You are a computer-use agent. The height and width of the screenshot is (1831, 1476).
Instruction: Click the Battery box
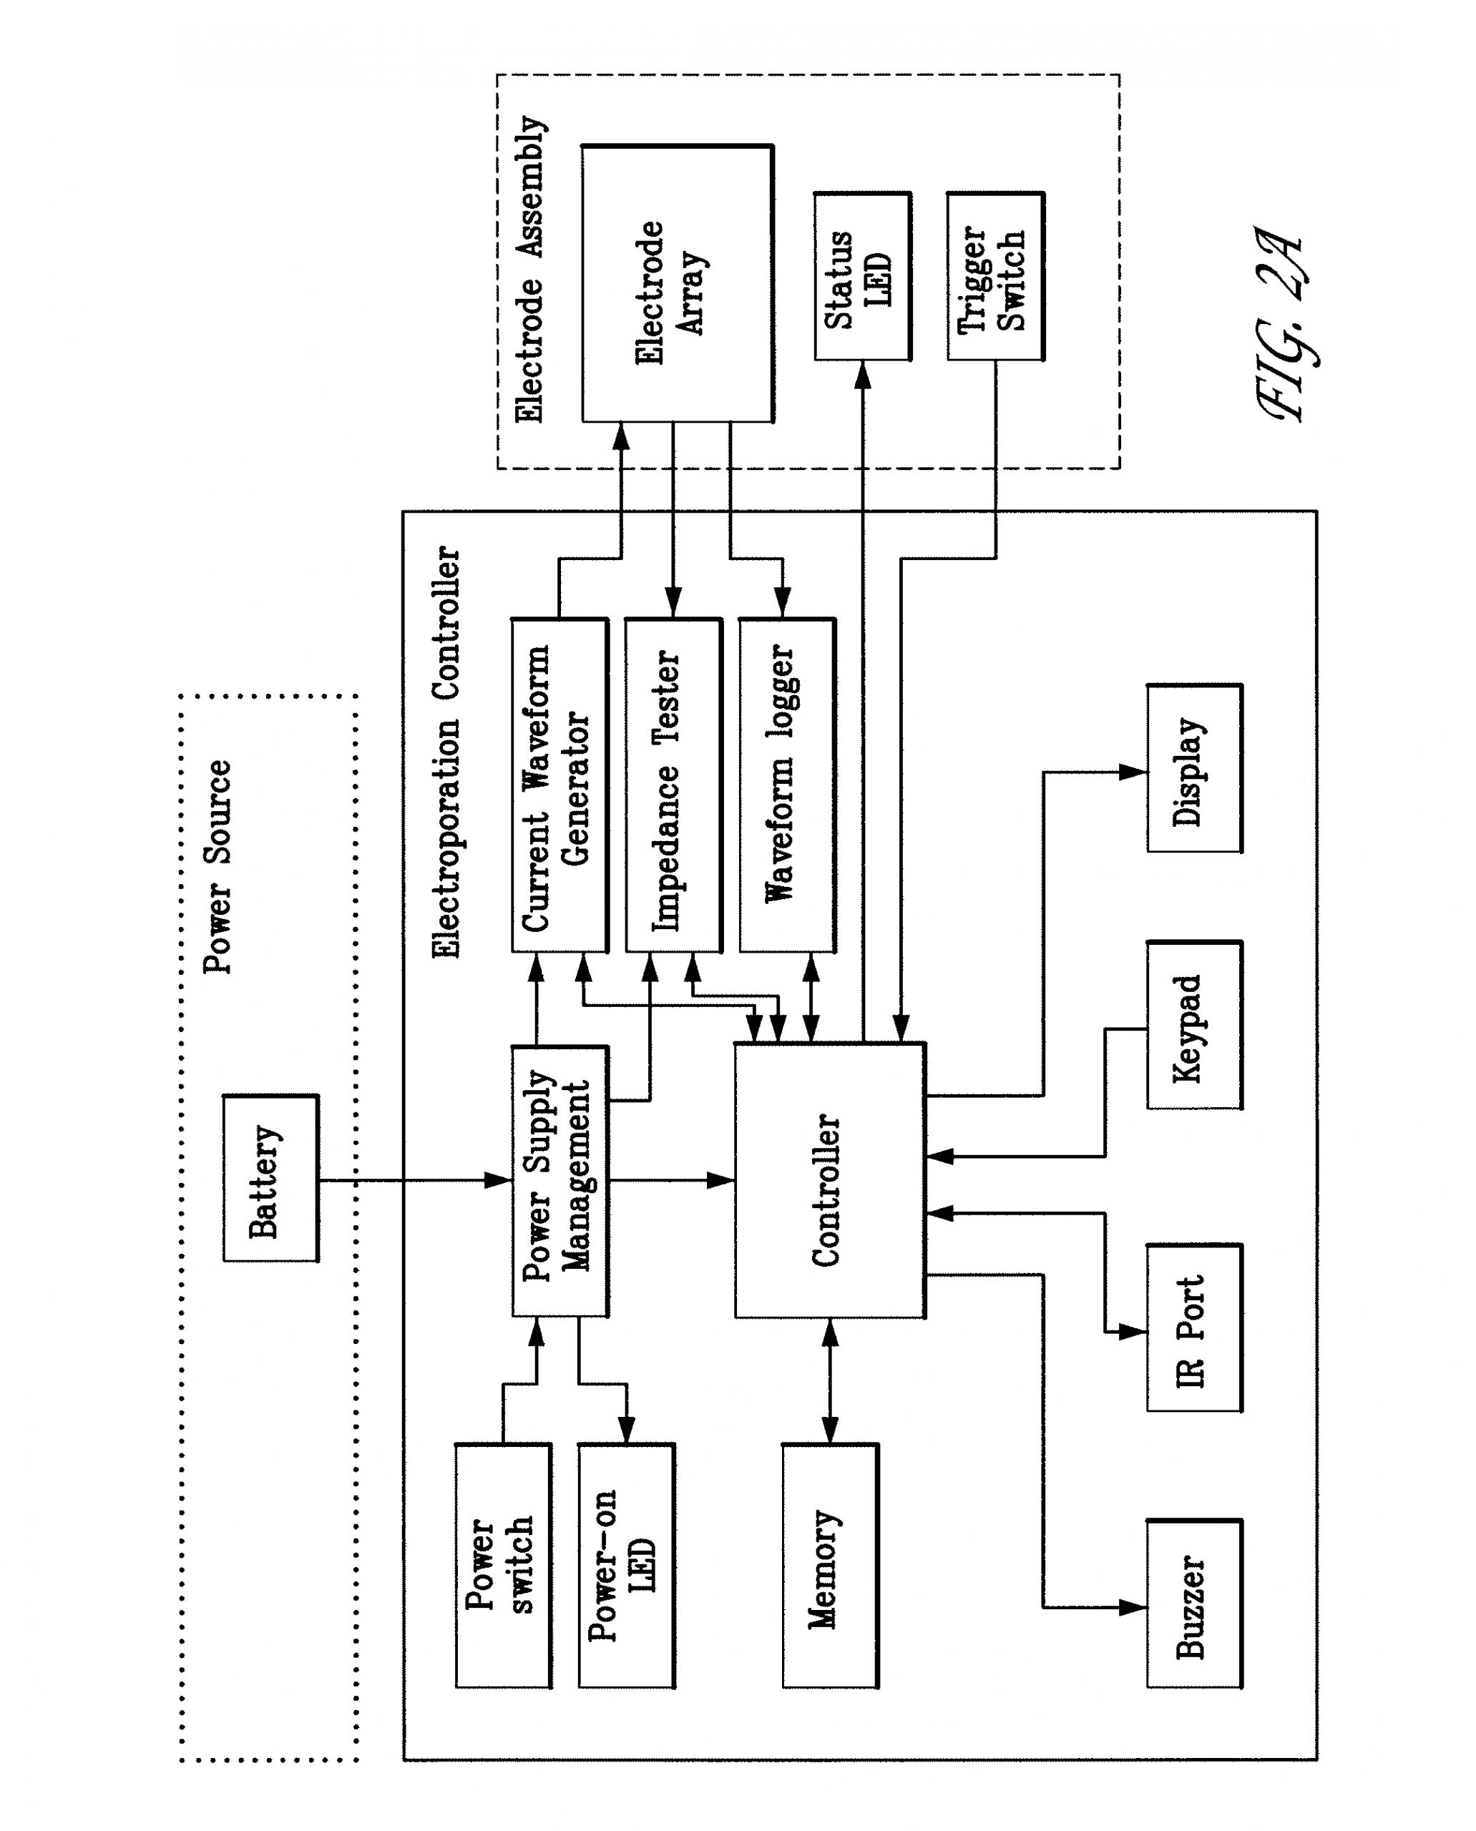pyautogui.click(x=270, y=1179)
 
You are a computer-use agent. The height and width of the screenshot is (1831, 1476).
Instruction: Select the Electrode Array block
pyautogui.click(x=677, y=283)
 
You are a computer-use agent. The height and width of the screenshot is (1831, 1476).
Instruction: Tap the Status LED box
pyautogui.click(x=862, y=276)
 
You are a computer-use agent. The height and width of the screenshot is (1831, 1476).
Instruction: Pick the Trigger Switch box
pyautogui.click(x=994, y=276)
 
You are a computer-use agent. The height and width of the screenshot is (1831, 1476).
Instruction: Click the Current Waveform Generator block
pyautogui.click(x=559, y=785)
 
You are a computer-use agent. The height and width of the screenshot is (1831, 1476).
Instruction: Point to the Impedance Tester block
pyautogui.click(x=673, y=785)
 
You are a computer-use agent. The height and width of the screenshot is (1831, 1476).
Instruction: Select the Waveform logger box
pyautogui.click(x=786, y=785)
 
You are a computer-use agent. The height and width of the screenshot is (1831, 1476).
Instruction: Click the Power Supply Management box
pyautogui.click(x=559, y=1181)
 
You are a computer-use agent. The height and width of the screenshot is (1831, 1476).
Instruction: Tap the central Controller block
pyautogui.click(x=829, y=1181)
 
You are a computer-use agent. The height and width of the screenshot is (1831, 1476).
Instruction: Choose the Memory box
pyautogui.click(x=829, y=1566)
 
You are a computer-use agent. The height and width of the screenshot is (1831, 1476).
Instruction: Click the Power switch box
pyautogui.click(x=502, y=1566)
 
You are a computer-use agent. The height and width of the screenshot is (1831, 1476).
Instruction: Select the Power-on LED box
pyautogui.click(x=626, y=1566)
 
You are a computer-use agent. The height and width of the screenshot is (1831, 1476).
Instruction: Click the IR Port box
pyautogui.click(x=1193, y=1329)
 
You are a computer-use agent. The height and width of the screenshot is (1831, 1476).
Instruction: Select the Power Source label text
pyautogui.click(x=218, y=867)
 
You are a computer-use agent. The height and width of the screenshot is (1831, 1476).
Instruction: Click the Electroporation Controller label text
pyautogui.click(x=447, y=753)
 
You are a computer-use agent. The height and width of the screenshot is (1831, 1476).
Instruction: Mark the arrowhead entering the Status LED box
pyautogui.click(x=862, y=374)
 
